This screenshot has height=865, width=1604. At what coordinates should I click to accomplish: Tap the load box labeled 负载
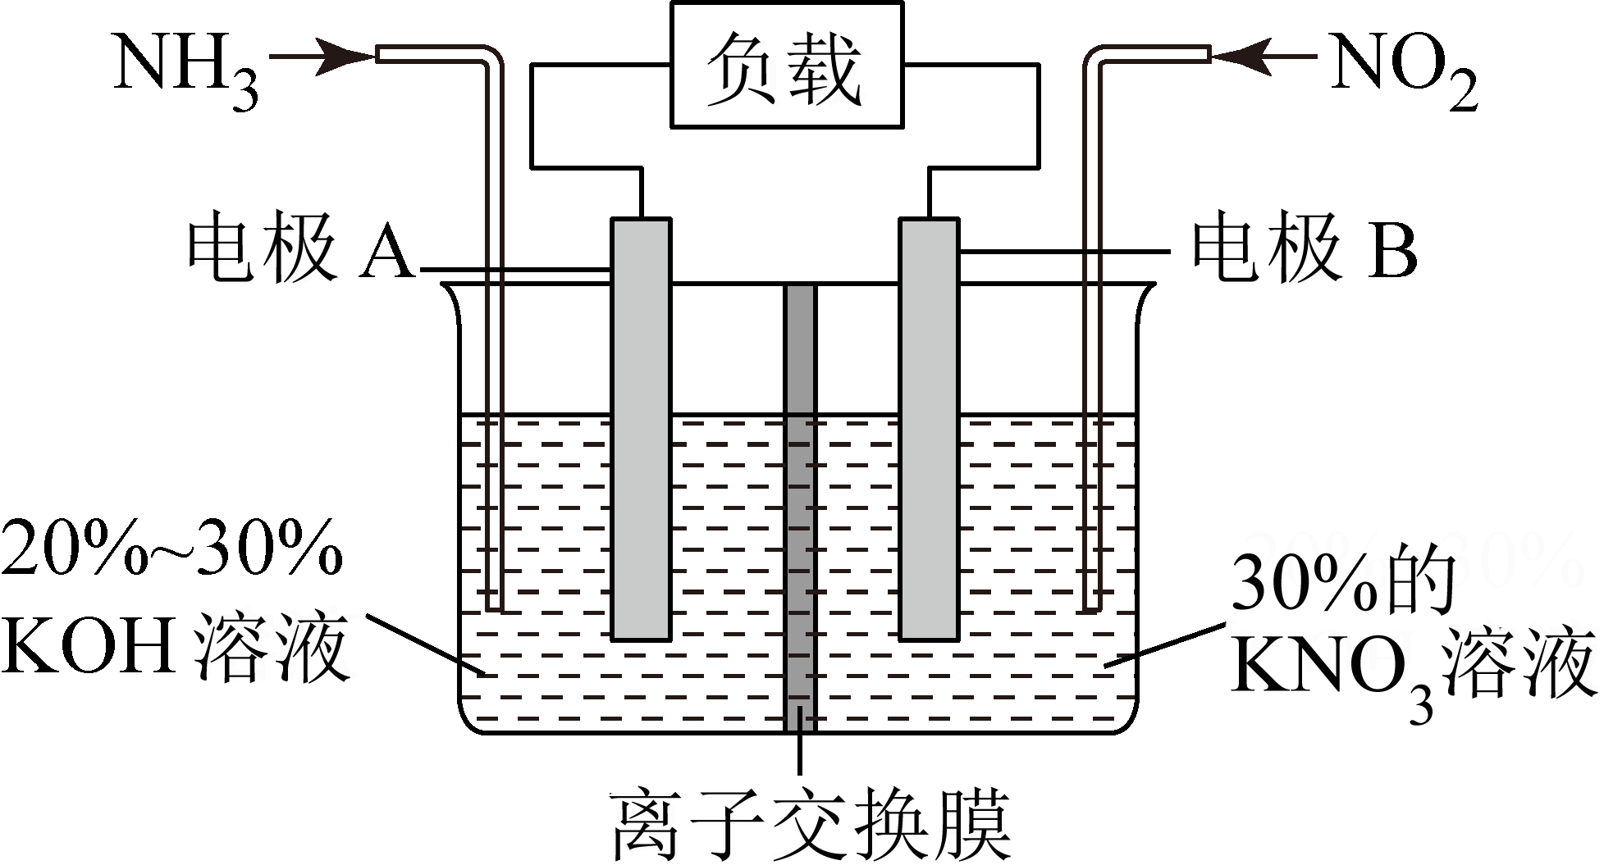pos(786,66)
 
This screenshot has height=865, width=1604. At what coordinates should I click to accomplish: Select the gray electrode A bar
pos(641,426)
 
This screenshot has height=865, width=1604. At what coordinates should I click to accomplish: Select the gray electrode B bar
pos(929,426)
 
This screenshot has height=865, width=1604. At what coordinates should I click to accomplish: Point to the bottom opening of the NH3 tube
pos(494,609)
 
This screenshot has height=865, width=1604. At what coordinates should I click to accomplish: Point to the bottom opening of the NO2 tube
pos(1090,609)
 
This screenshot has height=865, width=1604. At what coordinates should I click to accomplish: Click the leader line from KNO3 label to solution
pos(1165,648)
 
